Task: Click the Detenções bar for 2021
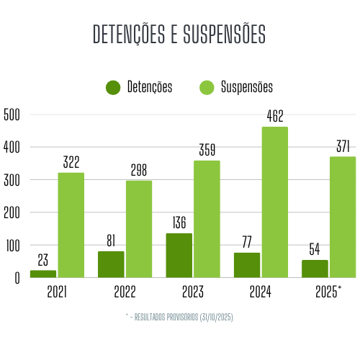click(43, 274)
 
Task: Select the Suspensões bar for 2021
click(71, 225)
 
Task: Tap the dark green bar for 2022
click(111, 264)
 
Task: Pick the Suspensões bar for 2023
click(207, 219)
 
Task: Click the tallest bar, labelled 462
click(274, 202)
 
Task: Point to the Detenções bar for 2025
click(315, 269)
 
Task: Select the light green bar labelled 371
click(343, 217)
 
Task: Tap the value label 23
click(43, 260)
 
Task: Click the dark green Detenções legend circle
click(113, 88)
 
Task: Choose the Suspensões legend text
click(246, 88)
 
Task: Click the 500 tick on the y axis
click(12, 114)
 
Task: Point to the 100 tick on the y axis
click(12, 246)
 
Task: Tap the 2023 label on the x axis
click(193, 292)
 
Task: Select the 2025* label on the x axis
click(329, 292)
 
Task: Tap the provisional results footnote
click(179, 317)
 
